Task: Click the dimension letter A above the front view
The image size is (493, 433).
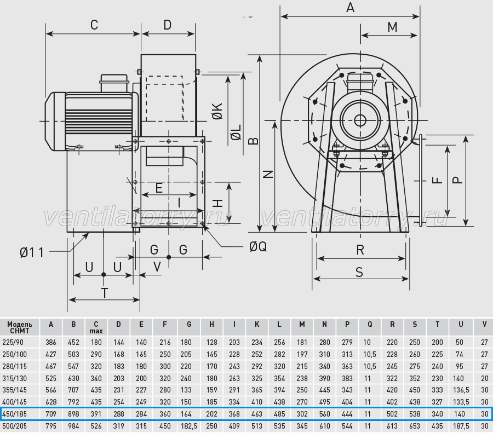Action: (x=350, y=7)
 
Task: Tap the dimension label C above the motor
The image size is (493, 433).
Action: (x=94, y=25)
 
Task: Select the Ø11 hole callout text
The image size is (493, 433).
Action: (x=32, y=253)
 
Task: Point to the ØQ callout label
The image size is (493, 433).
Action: (x=258, y=247)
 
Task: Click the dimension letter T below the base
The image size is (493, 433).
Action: (x=105, y=293)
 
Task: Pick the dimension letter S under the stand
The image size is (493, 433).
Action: (x=359, y=272)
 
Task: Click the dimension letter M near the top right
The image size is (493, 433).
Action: (x=392, y=27)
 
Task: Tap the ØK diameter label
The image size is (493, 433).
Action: (x=217, y=111)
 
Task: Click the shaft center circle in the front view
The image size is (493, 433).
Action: (x=360, y=120)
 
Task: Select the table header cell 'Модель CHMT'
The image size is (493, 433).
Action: (x=20, y=327)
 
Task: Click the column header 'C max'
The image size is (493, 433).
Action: (x=96, y=327)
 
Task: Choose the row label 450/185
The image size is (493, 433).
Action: (x=14, y=414)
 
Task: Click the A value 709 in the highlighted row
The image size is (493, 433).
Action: (x=51, y=414)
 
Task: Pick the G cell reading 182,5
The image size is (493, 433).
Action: (x=189, y=426)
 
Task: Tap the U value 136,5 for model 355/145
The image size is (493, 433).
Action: (x=461, y=390)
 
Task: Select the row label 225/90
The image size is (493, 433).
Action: (x=13, y=342)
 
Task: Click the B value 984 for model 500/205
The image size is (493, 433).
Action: (x=73, y=426)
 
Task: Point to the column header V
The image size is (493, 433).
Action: (x=484, y=324)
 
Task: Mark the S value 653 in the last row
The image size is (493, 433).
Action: (x=415, y=426)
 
